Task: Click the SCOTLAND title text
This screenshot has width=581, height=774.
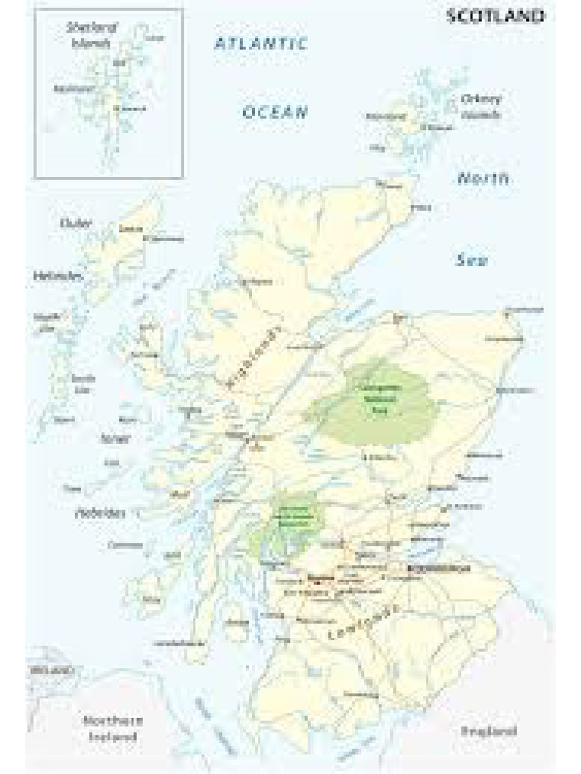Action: click(496, 16)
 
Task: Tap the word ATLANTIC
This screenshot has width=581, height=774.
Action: click(260, 44)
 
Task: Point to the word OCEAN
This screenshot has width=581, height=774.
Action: click(275, 113)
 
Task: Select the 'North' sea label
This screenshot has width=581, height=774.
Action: click(483, 179)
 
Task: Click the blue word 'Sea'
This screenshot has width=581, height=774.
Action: click(471, 261)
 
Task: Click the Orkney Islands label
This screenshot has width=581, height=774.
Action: click(481, 107)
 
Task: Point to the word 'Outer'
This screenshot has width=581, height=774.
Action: click(76, 223)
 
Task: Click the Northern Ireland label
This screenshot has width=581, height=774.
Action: click(113, 727)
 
